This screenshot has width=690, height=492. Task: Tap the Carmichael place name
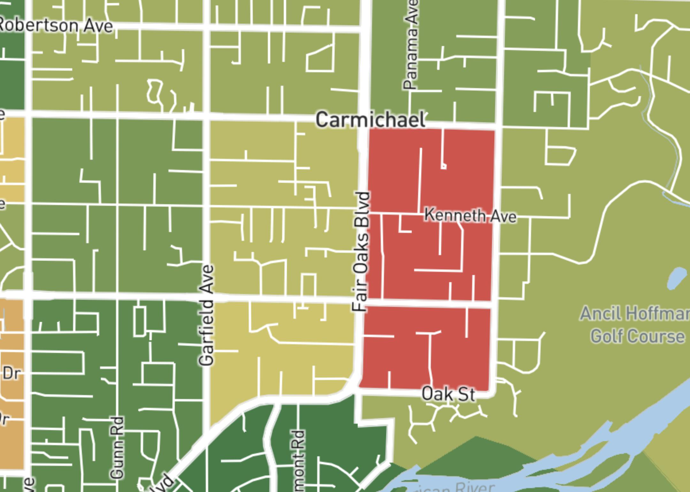371,120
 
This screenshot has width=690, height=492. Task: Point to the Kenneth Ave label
470,216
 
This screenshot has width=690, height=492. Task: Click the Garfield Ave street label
206,315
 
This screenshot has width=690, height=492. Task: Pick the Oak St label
448,394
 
